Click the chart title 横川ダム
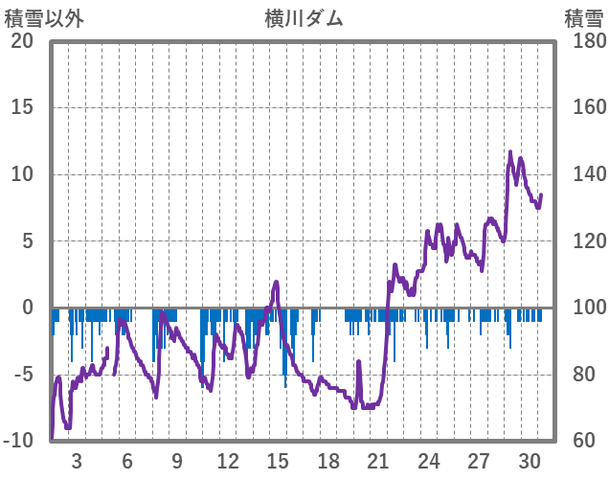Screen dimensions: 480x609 click(304, 18)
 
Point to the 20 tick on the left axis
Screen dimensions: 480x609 click(21, 41)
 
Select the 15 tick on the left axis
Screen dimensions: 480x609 click(21, 107)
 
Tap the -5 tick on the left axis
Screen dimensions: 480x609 click(21, 375)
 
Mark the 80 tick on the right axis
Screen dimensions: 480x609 click(577, 375)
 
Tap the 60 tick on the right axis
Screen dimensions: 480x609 click(577, 441)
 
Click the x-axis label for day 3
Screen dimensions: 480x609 click(77, 460)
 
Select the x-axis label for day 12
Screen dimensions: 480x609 click(228, 460)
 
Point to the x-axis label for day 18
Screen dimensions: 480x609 click(328, 460)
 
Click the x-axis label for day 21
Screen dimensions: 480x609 click(379, 460)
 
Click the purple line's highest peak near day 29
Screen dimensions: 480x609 click(510, 151)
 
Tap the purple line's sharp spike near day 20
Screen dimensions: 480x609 click(359, 361)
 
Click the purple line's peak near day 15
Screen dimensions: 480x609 click(277, 282)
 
